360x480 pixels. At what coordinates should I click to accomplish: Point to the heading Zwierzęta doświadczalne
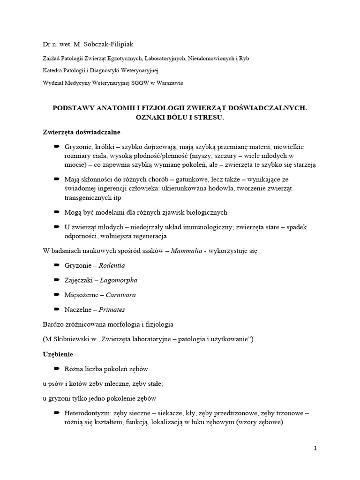81,133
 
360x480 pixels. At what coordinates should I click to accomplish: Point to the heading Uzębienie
58,354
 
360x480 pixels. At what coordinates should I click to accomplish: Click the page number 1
315,448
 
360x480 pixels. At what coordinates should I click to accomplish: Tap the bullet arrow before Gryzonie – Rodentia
57,265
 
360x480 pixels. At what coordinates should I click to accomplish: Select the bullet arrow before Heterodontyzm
57,413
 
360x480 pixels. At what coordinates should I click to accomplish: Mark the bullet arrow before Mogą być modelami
57,212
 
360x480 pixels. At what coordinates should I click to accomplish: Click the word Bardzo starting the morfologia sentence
52,324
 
